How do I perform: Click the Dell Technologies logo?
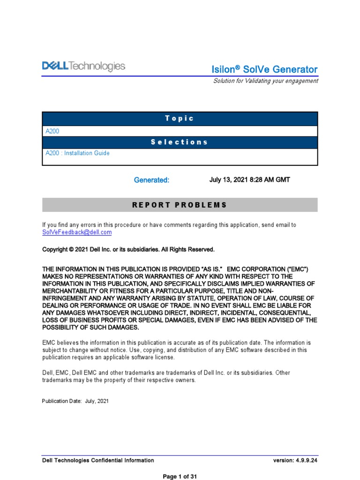tap(83, 67)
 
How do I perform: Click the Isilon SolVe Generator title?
tap(265, 69)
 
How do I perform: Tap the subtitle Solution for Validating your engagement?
tap(265, 81)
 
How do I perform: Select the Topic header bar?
tap(180, 119)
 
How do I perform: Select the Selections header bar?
tap(180, 142)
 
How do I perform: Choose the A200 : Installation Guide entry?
tap(77, 153)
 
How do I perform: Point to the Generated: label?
tap(151, 180)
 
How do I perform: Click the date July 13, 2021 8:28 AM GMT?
tap(246, 180)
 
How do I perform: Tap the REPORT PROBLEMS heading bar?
tap(180, 205)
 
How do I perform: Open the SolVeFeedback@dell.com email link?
tap(77, 232)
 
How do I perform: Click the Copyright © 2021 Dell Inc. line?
tap(128, 249)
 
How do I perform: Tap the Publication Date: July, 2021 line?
tap(75, 401)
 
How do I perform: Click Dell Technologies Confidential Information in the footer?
tap(98, 460)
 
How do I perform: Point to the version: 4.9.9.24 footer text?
tap(295, 460)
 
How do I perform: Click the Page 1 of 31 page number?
tap(180, 476)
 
